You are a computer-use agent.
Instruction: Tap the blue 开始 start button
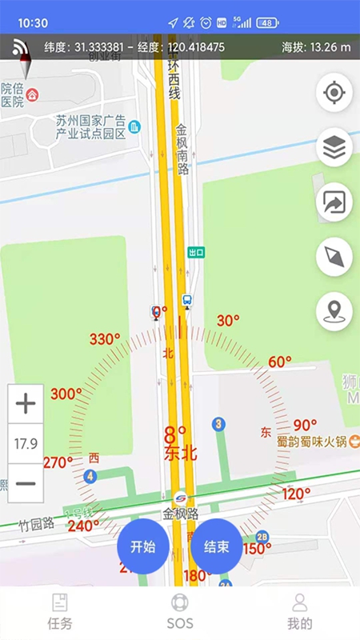[142, 547]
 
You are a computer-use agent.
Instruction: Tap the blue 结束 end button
[217, 547]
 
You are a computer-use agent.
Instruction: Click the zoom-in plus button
[26, 404]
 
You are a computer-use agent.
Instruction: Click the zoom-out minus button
[26, 483]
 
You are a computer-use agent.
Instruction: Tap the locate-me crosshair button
[334, 94]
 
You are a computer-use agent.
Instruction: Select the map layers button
[334, 148]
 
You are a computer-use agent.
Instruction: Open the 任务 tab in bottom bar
[60, 612]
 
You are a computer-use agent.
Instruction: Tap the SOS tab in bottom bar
[180, 612]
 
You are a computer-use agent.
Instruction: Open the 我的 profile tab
[299, 612]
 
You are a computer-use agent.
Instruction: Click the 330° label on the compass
[105, 339]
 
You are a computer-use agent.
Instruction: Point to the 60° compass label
[280, 362]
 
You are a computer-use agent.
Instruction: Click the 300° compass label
[66, 394]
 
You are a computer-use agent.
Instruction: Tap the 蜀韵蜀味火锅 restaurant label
[311, 441]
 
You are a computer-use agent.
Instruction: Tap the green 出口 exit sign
[196, 252]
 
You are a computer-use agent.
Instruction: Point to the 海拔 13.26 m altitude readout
[316, 47]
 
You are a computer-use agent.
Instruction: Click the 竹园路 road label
[38, 524]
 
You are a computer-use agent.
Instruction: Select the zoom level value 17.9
[26, 443]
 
